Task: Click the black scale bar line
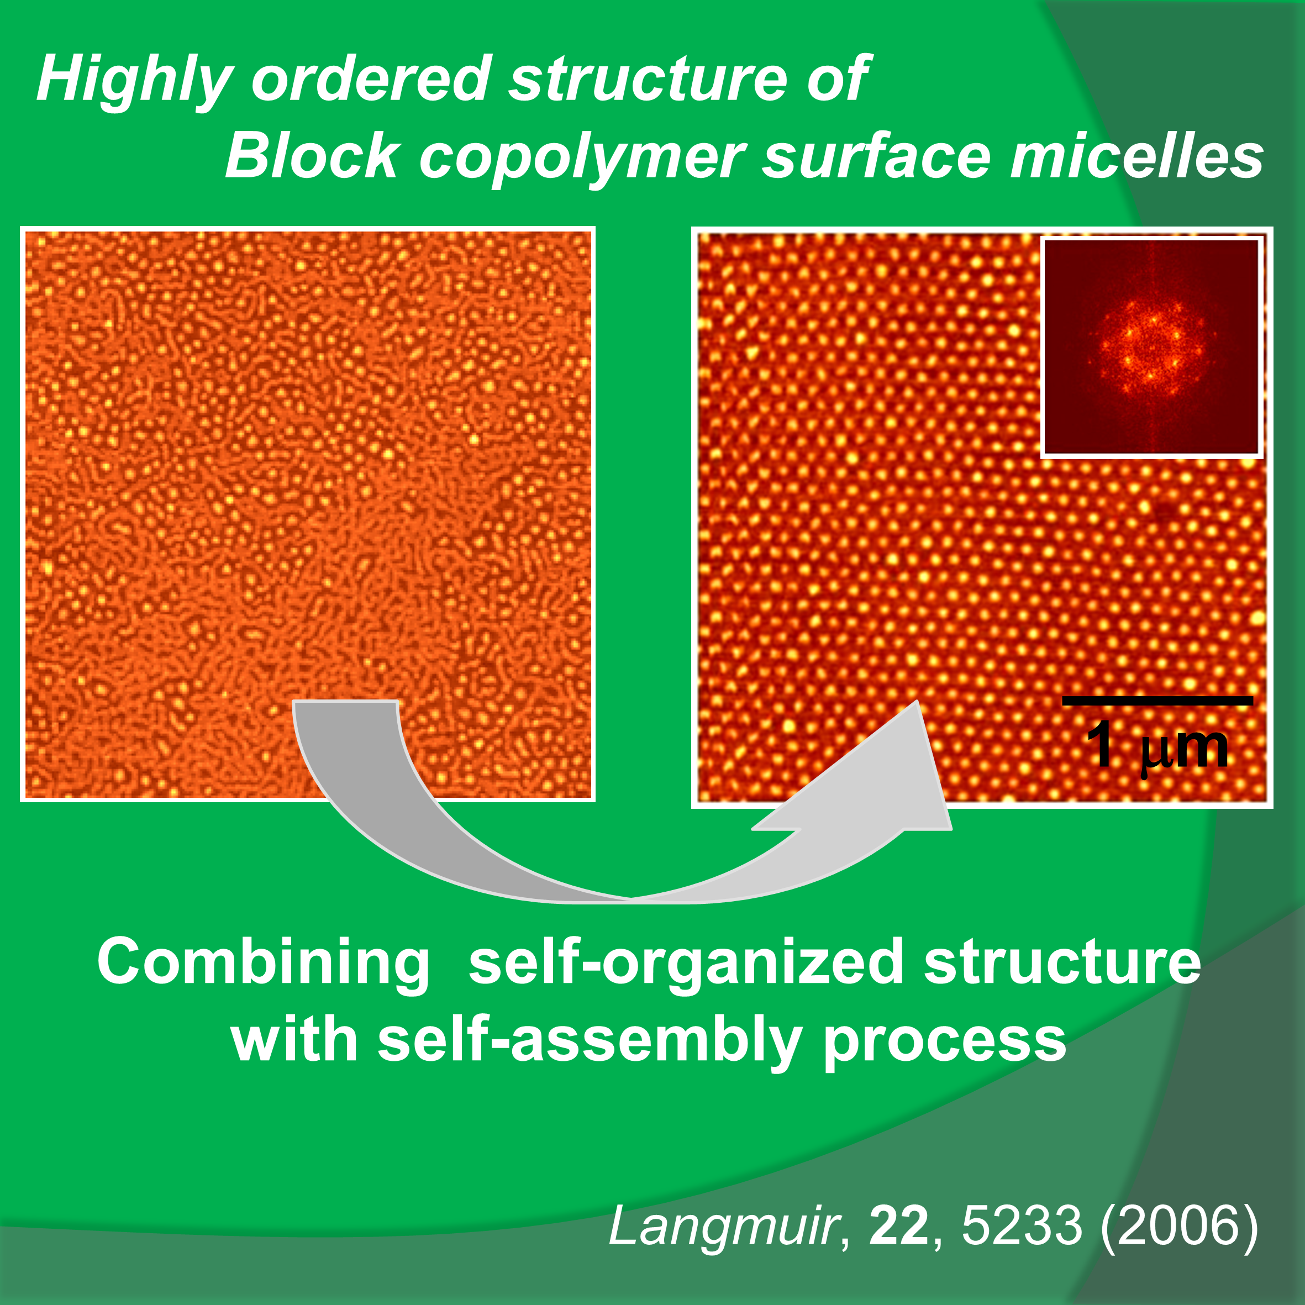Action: [1157, 701]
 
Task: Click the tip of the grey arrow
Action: [917, 701]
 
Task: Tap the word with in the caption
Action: [294, 1041]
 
